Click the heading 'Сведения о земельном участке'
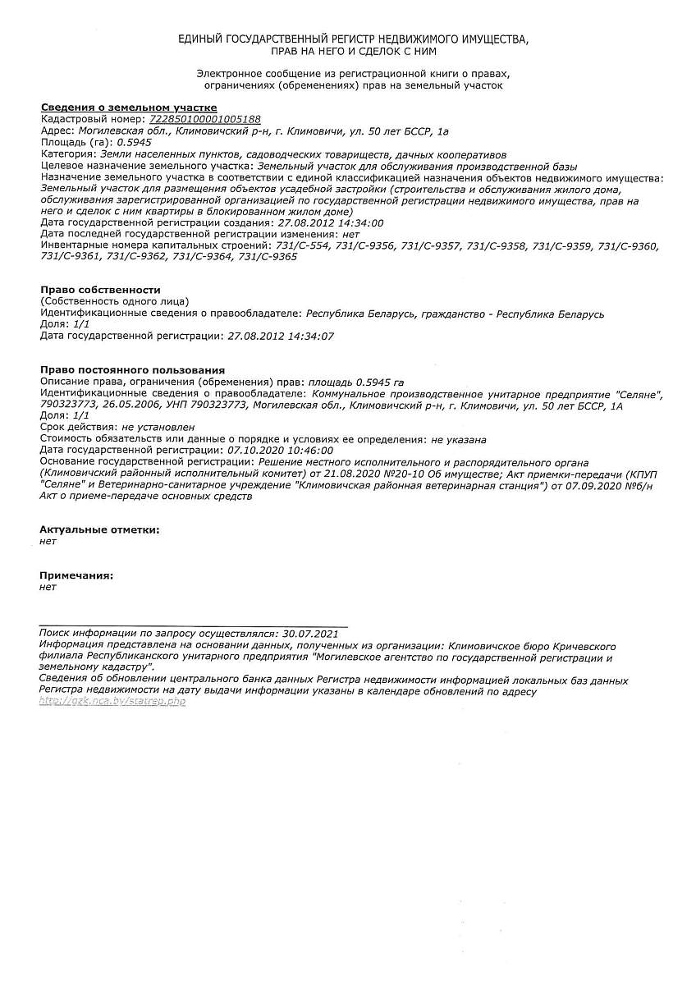point(129,108)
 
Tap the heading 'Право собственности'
point(100,291)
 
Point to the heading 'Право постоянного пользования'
point(132,370)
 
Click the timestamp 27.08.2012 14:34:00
point(331,222)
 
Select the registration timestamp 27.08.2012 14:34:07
point(281,337)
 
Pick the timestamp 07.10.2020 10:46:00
point(280,451)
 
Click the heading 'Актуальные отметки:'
point(99,530)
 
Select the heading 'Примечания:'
point(76,576)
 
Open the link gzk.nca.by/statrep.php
point(112,702)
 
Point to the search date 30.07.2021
point(309,634)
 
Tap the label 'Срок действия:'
point(78,428)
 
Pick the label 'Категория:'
point(68,153)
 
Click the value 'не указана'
point(459,439)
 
